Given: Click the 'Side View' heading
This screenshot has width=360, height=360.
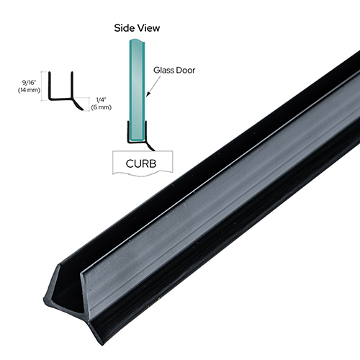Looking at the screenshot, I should pos(138,28).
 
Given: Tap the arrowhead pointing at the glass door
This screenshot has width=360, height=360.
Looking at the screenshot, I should pos(148,94).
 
